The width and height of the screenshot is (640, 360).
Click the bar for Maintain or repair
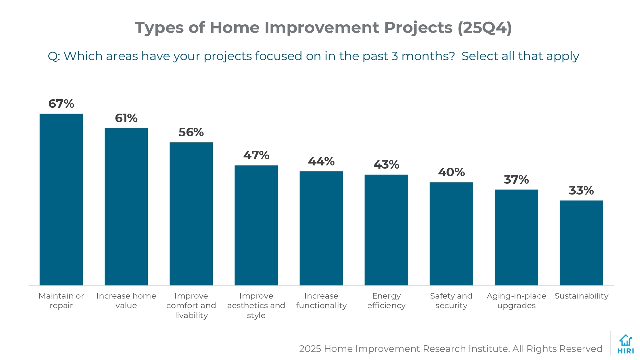pos(61,199)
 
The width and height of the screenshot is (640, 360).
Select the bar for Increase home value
pos(126,206)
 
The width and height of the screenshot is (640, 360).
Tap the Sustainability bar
pos(581,243)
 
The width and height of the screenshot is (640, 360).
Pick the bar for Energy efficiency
pos(386,230)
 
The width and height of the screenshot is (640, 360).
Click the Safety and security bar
pos(451,234)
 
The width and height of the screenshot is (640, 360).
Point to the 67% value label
pos(61,104)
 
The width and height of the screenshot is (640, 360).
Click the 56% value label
pos(191,132)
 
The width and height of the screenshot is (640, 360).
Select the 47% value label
pos(256,156)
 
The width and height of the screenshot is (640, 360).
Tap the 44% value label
pos(321,161)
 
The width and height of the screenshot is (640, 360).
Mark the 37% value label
pos(516,180)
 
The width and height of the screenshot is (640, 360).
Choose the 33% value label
pos(581,191)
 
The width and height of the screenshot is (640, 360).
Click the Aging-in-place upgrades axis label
pos(516,300)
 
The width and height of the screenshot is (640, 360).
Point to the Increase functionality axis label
pos(321,300)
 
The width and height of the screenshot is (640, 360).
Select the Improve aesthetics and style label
pos(256,305)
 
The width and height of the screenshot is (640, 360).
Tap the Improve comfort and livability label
pos(191,305)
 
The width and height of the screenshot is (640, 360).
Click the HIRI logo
pos(626,344)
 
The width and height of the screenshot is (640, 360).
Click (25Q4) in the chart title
pos(484,28)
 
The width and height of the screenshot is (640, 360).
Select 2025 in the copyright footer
pos(310,348)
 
